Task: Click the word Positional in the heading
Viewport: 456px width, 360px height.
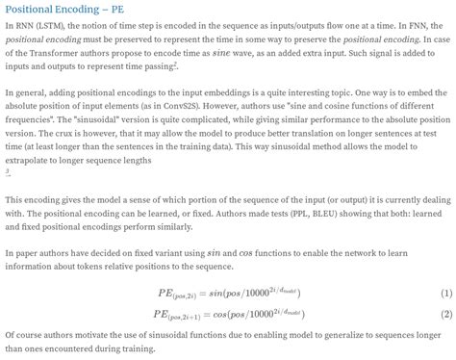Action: (x=35, y=10)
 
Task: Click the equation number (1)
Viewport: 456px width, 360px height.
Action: (x=445, y=291)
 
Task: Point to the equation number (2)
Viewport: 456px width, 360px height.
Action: (x=445, y=314)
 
